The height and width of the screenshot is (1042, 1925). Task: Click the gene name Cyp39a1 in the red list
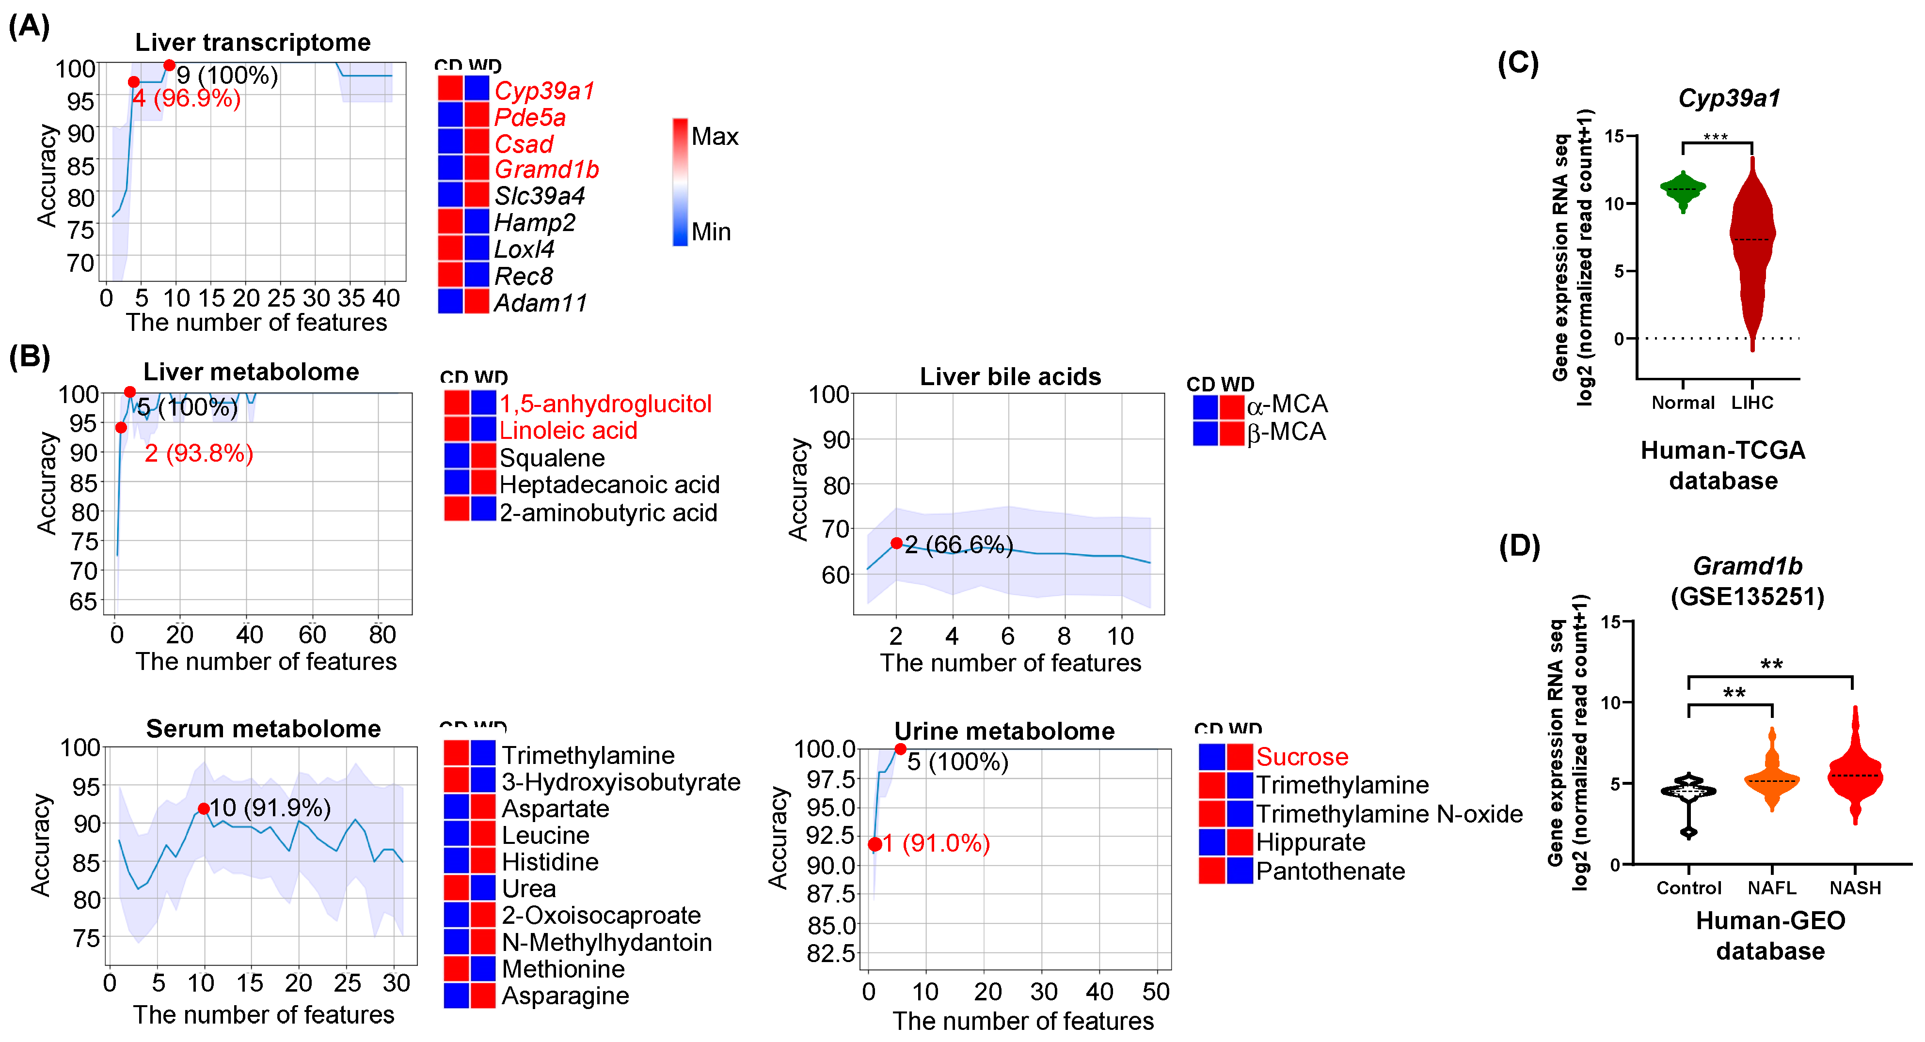[x=544, y=91]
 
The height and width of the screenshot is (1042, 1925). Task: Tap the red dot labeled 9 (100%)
[x=170, y=66]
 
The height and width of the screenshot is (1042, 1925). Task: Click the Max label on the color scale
[x=715, y=136]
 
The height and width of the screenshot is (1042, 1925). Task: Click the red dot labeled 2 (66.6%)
[x=896, y=543]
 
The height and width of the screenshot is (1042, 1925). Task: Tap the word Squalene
[x=552, y=457]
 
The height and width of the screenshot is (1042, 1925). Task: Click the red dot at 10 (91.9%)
[x=203, y=808]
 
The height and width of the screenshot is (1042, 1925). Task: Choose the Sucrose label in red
[x=1302, y=757]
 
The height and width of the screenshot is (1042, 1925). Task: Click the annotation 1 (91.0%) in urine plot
[x=937, y=843]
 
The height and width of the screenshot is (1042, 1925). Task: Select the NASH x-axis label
[x=1855, y=887]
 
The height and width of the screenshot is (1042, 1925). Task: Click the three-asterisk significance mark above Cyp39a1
[x=1715, y=137]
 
